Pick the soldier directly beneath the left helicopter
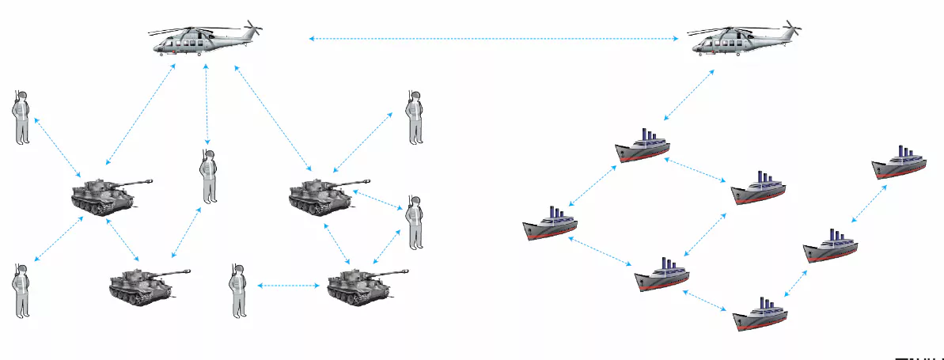207,175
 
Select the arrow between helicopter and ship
688,94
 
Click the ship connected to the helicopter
643,147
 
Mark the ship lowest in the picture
760,315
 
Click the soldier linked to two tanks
412,222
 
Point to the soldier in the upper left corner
21,117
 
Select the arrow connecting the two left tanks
123,241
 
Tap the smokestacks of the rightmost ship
904,153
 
